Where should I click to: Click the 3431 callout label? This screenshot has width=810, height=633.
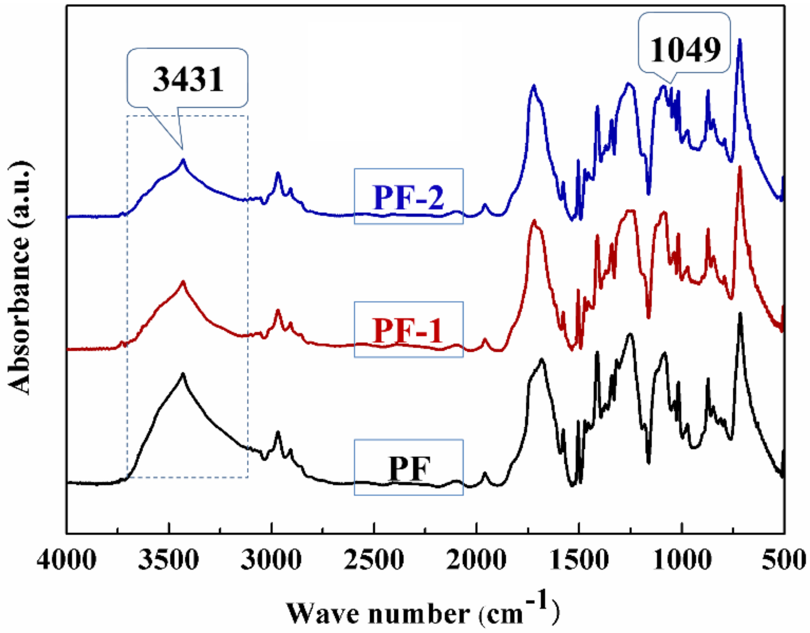click(188, 79)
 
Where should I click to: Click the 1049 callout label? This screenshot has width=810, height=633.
click(685, 50)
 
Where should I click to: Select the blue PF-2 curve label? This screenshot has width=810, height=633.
click(408, 197)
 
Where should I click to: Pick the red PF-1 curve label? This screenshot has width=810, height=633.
click(408, 330)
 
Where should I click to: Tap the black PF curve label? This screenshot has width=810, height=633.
click(409, 468)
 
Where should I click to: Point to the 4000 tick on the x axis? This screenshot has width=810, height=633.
click(67, 560)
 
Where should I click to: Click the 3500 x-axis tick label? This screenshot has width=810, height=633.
click(169, 560)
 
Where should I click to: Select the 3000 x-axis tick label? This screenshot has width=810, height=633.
click(271, 560)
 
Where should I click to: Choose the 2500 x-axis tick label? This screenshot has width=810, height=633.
click(374, 560)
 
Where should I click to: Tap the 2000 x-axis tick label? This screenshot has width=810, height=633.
click(476, 560)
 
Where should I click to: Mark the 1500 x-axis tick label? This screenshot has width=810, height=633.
click(579, 560)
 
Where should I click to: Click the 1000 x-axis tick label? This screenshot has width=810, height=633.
click(682, 560)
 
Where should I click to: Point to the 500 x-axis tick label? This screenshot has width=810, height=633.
click(784, 560)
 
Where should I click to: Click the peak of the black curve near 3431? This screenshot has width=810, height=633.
click(183, 374)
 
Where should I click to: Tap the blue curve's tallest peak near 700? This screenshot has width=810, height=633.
click(740, 39)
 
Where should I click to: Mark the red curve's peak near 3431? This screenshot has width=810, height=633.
click(183, 282)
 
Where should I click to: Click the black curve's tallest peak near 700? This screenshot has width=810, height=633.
click(740, 314)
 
